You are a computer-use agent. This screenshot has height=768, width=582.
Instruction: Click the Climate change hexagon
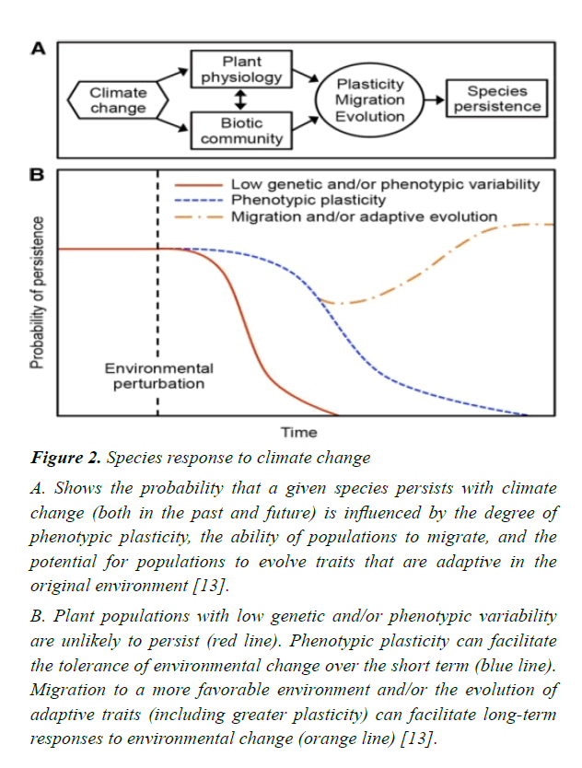(x=118, y=100)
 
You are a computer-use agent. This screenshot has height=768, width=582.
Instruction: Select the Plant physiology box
(x=242, y=70)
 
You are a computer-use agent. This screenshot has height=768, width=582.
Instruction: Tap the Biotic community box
(x=242, y=131)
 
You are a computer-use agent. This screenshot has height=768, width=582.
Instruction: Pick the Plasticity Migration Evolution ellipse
(x=369, y=100)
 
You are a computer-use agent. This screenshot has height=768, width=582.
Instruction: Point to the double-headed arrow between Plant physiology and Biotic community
(x=241, y=99)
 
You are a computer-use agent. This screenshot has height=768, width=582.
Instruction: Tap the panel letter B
(x=37, y=175)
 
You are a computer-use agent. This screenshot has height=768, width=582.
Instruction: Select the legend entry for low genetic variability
(x=385, y=184)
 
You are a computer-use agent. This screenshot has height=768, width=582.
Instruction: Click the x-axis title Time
(x=298, y=431)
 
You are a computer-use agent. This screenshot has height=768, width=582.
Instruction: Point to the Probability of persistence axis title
(x=37, y=292)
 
